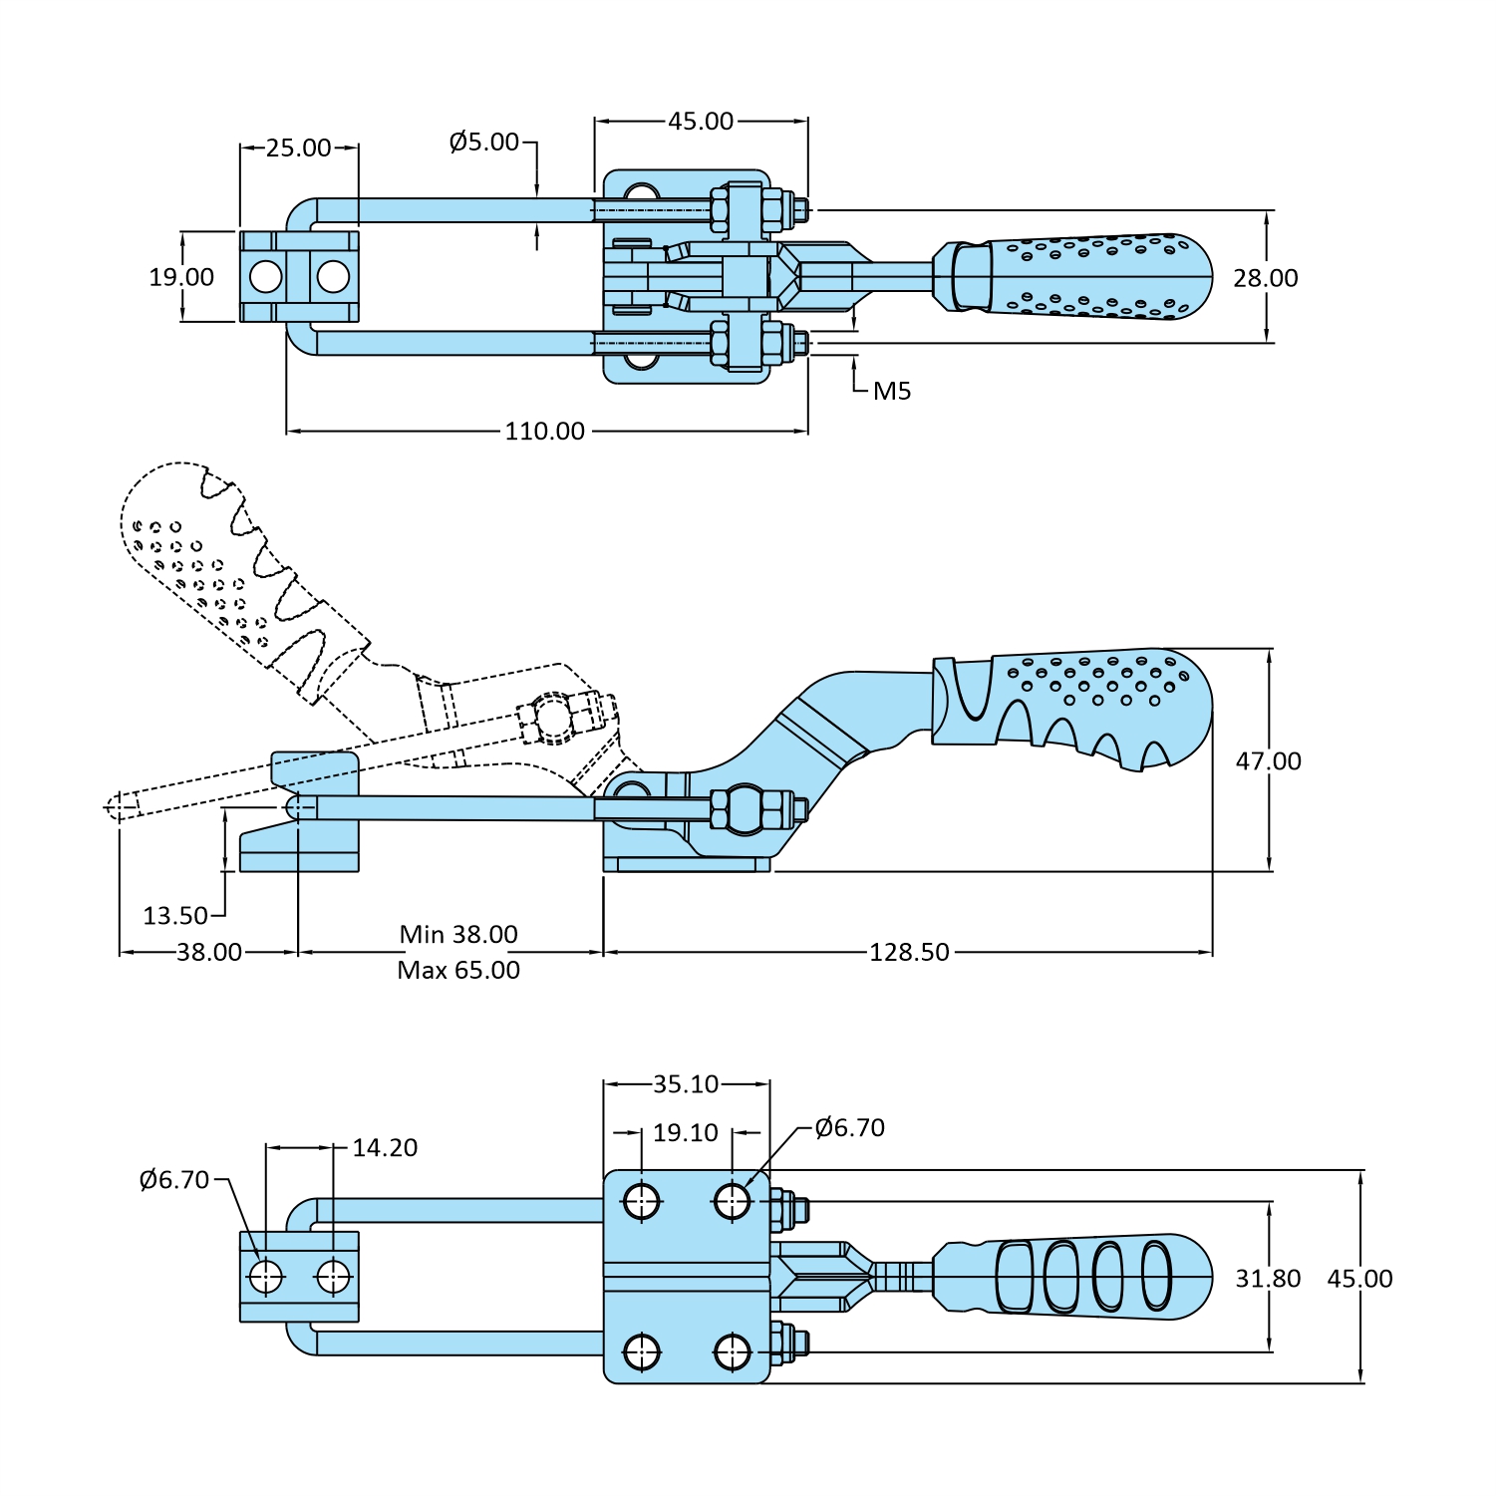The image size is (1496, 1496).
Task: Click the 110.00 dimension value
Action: click(x=544, y=432)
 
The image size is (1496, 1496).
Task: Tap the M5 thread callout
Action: click(x=892, y=392)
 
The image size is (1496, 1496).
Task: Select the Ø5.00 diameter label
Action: click(x=484, y=143)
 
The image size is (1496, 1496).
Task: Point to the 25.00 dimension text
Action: click(x=298, y=149)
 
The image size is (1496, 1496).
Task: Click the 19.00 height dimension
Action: click(x=181, y=277)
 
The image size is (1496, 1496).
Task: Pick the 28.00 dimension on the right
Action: click(x=1266, y=278)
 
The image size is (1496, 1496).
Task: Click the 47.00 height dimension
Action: click(x=1268, y=761)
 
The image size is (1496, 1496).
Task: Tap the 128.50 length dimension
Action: click(x=909, y=953)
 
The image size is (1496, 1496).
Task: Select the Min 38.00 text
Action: click(x=458, y=935)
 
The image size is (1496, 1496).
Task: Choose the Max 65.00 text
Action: click(x=458, y=971)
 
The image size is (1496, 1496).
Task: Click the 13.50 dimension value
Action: click(x=175, y=916)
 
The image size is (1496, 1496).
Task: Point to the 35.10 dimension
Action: click(x=686, y=1084)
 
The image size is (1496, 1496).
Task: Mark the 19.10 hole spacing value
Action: click(x=686, y=1133)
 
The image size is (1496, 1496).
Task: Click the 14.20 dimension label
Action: click(x=385, y=1148)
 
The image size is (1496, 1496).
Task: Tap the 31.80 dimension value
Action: click(x=1268, y=1279)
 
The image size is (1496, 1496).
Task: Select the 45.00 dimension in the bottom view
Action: click(x=1359, y=1279)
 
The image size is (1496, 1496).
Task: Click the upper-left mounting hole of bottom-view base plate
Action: click(x=642, y=1201)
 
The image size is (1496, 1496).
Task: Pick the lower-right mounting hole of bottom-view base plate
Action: click(x=733, y=1352)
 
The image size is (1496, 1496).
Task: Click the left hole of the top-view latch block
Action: click(x=266, y=277)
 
